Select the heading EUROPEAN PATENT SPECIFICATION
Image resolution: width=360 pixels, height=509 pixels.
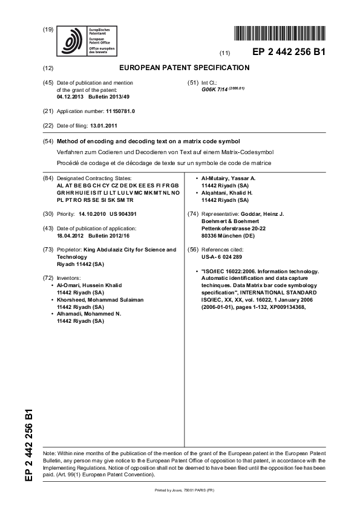click(185, 68)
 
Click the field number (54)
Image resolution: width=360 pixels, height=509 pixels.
click(47, 140)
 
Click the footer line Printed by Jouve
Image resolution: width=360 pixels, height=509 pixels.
click(180, 490)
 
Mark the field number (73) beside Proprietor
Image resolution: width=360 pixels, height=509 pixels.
click(47, 249)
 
